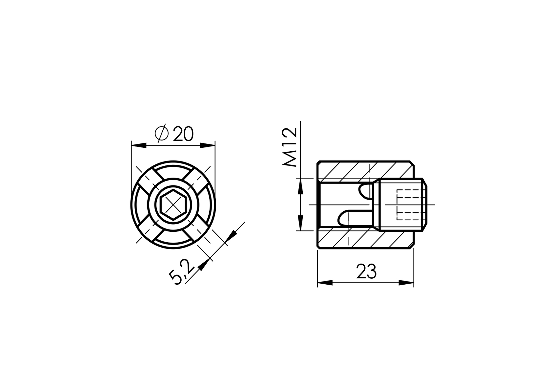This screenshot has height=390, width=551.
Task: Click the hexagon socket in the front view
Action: [173, 206]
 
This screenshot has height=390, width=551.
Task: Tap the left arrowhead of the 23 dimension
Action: [325, 283]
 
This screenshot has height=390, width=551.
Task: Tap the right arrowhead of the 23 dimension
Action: [406, 283]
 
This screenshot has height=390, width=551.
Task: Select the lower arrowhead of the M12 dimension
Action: [300, 224]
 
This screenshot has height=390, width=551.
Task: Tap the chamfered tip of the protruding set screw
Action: [425, 205]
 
